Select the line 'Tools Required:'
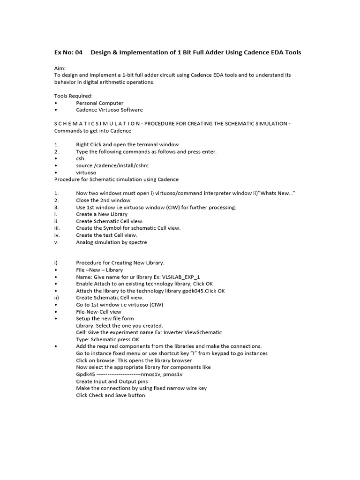click(x=74, y=96)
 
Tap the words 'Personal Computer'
click(x=100, y=103)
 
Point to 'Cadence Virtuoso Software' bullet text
click(x=109, y=110)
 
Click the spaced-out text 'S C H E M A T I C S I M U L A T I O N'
click(x=97, y=124)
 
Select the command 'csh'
click(x=80, y=159)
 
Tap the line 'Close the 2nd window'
click(x=103, y=201)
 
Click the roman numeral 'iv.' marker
click(x=57, y=235)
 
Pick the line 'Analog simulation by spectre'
click(x=112, y=242)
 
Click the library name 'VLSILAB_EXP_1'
click(x=180, y=277)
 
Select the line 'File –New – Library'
click(x=99, y=270)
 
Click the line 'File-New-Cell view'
click(x=98, y=312)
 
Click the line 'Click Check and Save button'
click(x=111, y=395)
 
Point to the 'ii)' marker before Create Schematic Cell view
click(x=57, y=298)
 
